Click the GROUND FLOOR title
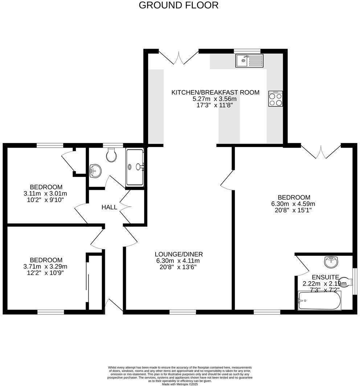pos(179,5)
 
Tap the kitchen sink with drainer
pos(249,61)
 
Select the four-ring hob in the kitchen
pos(275,99)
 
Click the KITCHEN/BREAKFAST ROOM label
pos(215,93)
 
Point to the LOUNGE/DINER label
pos(179,254)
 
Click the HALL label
pos(109,208)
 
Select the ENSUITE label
pos(321,277)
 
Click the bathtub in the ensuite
pos(319,301)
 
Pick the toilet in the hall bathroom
pos(111,155)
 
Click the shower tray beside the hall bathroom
pos(135,167)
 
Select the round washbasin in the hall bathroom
pos(95,171)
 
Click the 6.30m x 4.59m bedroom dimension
pos(294,204)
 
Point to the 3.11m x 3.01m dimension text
pos(45,193)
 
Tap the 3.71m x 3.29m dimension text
pos(46,267)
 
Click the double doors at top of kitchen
pos(179,57)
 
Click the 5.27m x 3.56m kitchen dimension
pos(214,99)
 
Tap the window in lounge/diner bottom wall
pos(183,312)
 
